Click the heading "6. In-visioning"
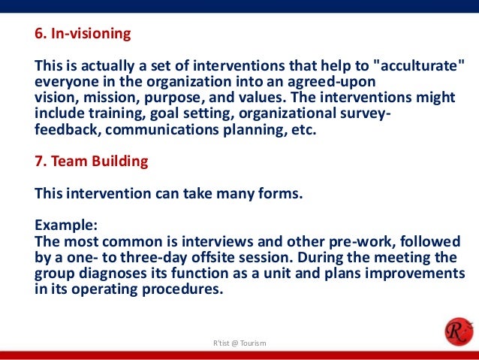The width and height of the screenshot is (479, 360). [83, 34]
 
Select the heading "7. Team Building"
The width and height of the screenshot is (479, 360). [91, 161]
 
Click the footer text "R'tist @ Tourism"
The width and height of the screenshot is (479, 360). [239, 343]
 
